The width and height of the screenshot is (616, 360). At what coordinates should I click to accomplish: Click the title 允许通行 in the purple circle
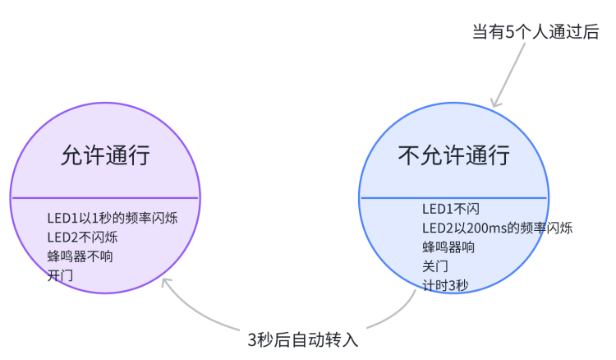tap(105, 155)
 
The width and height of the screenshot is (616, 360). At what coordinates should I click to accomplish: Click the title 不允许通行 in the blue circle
tap(453, 155)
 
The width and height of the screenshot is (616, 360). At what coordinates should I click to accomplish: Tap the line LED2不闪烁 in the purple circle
tap(82, 238)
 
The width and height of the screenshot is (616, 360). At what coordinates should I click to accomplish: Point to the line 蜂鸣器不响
tap(80, 256)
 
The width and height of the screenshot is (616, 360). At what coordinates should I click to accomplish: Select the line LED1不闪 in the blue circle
tap(450, 209)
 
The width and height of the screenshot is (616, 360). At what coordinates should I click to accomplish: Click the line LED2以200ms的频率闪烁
tap(497, 228)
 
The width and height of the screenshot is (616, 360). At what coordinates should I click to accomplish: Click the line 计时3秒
tap(445, 285)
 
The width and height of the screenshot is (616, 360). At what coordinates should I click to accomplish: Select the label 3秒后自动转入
tap(303, 339)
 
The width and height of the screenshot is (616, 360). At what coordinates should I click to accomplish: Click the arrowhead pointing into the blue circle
tap(494, 104)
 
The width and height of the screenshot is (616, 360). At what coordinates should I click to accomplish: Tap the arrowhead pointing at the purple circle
tap(165, 282)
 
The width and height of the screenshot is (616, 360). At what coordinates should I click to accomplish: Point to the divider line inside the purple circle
tap(105, 198)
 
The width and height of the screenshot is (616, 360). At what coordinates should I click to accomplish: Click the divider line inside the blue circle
tap(453, 197)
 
